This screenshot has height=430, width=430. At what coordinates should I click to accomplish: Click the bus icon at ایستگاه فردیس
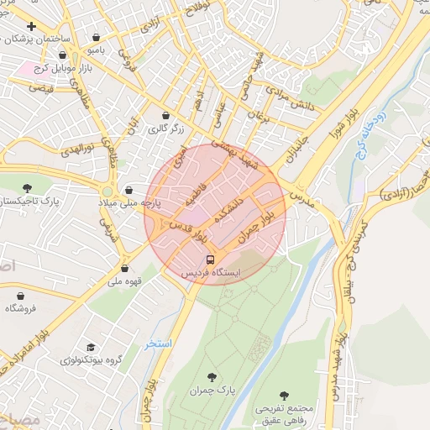click(211, 260)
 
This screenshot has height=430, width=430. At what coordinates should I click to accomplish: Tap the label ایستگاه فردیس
click(211, 274)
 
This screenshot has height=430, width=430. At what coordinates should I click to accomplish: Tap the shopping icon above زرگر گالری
click(165, 115)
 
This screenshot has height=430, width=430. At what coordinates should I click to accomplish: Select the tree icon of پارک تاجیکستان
click(27, 188)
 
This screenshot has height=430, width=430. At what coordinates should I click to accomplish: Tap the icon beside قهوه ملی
click(124, 269)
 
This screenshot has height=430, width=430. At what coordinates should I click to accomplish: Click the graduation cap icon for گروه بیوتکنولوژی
click(91, 346)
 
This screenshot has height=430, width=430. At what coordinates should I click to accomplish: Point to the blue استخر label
click(157, 344)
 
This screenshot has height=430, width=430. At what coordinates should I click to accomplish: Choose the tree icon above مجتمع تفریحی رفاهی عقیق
click(283, 394)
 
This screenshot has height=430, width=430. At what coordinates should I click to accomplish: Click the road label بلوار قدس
click(190, 227)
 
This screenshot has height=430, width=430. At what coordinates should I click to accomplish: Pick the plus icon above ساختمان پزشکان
click(32, 26)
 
